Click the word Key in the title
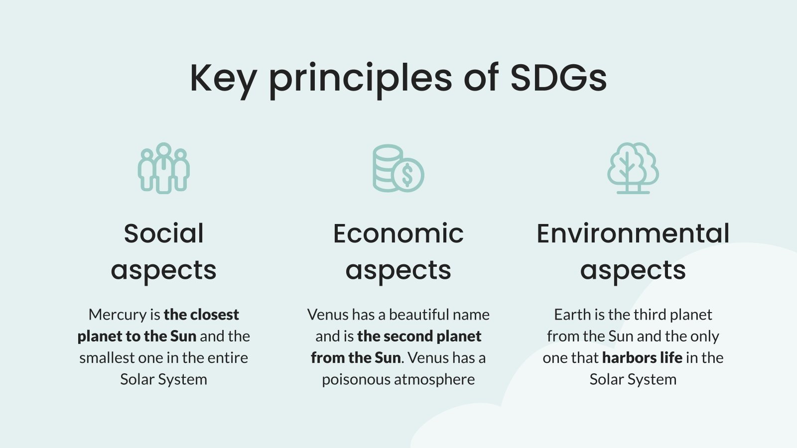click(223, 78)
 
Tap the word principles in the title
click(360, 78)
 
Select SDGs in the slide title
click(558, 78)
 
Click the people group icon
click(163, 168)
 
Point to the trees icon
click(633, 168)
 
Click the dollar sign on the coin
click(407, 175)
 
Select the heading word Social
click(163, 233)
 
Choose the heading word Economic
click(398, 233)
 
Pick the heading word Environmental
click(633, 233)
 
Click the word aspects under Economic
click(398, 270)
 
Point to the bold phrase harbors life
click(642, 357)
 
